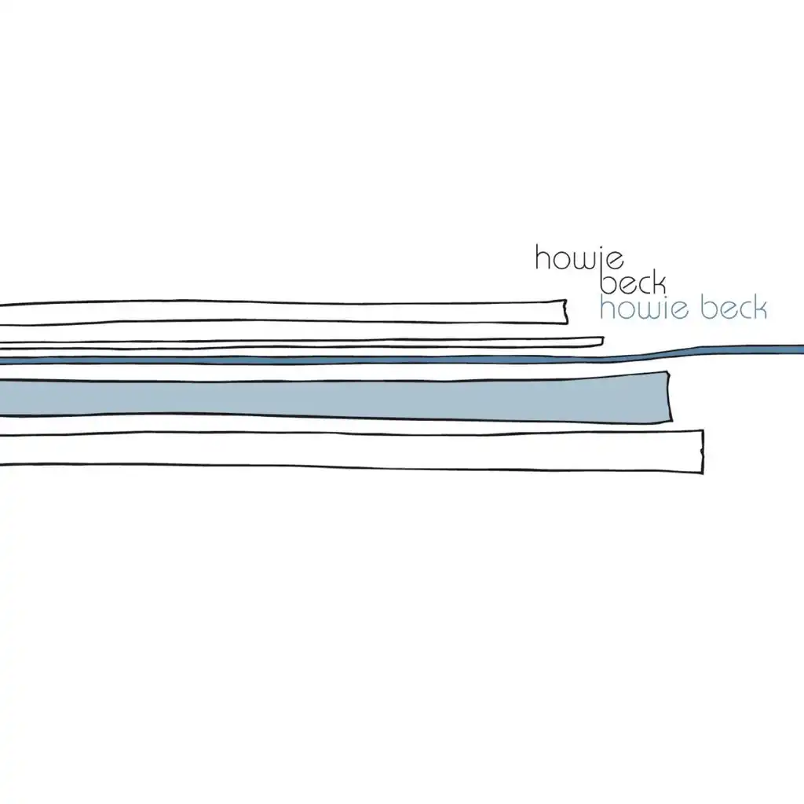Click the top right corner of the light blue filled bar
tap(667, 371)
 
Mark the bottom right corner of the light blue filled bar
tap(672, 421)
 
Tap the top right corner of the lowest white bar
tap(703, 431)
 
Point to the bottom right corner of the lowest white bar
tap(703, 473)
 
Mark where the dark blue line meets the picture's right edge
tap(803, 349)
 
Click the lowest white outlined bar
tap(352, 451)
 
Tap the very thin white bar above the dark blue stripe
tap(302, 344)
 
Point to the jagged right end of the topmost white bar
tap(566, 312)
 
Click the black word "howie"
tap(579, 258)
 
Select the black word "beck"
tap(633, 283)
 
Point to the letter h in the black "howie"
tap(543, 258)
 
